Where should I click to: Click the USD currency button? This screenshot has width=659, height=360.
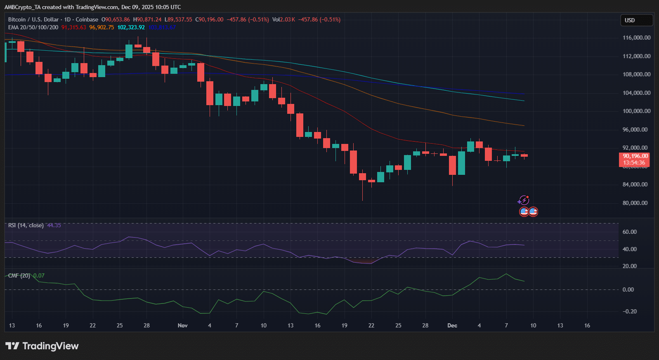[x=636, y=20]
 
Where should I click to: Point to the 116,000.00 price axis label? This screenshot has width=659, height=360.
[x=636, y=38]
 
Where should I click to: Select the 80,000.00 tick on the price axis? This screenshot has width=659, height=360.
[x=635, y=203]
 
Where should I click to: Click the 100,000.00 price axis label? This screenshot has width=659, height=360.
[x=636, y=111]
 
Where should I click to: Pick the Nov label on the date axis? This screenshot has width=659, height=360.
[x=182, y=325]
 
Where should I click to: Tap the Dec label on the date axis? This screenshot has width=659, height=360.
[x=452, y=325]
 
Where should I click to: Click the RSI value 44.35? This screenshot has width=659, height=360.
[x=54, y=225]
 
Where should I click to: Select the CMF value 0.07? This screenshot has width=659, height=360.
[x=39, y=275]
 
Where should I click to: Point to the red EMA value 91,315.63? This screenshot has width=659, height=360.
[x=74, y=27]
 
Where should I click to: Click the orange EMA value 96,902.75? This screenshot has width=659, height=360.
[x=102, y=27]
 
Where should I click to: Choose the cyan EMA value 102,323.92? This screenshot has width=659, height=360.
[x=131, y=27]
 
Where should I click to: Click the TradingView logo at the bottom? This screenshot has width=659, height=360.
[x=42, y=346]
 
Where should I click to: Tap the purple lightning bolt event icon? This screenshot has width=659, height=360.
[x=523, y=200]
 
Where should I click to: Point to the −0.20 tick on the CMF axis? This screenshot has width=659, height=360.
[x=631, y=311]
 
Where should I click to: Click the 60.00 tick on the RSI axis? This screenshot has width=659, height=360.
[x=630, y=232]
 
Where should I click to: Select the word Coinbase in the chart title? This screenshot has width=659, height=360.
[x=87, y=19]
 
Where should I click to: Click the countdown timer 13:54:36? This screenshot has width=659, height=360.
[x=634, y=162]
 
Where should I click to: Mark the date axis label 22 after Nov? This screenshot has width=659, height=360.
[x=371, y=325]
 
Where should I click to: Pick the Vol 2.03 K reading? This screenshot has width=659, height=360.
[x=283, y=19]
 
